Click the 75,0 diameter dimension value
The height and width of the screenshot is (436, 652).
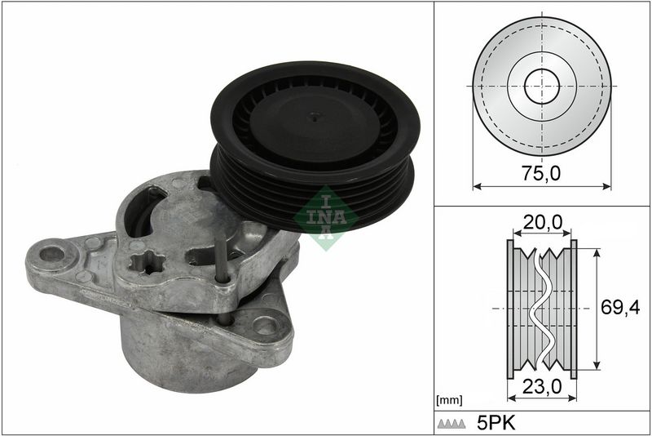541,173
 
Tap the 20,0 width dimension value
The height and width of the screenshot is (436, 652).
542,223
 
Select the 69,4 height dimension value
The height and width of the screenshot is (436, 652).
620,308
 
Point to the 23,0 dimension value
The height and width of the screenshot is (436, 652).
542,387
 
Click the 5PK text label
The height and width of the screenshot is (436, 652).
496,424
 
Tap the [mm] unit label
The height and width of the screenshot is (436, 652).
449,401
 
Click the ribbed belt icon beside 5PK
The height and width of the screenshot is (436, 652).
452,424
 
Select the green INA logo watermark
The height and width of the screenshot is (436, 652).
326,218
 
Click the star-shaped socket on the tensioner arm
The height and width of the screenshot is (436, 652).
147,263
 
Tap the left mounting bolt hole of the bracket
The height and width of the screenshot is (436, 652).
52,254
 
